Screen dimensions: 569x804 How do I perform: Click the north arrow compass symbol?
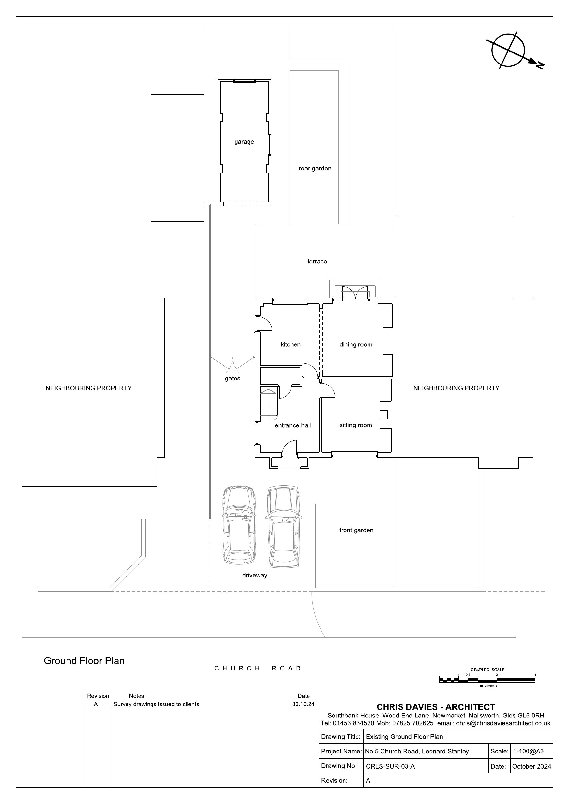point(509,51)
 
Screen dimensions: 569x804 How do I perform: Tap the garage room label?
point(244,142)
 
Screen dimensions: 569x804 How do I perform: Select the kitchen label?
point(291,344)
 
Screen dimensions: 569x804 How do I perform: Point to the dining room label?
point(356,344)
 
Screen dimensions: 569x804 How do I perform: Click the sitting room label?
point(356,425)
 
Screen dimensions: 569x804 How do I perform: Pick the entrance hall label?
point(293,425)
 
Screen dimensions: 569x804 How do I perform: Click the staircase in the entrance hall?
point(269,403)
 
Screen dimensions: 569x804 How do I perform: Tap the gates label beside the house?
point(233,379)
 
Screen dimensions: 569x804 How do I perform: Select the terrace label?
point(317,262)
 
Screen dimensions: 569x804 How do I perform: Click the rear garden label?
point(315,169)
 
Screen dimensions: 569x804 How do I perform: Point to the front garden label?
point(356,530)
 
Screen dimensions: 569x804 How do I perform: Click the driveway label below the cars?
point(255,575)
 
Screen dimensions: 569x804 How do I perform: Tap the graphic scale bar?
point(487,680)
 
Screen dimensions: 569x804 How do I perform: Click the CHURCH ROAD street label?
point(258,668)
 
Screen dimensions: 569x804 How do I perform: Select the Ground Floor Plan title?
point(84,661)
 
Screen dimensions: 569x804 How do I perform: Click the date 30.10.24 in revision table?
point(303,704)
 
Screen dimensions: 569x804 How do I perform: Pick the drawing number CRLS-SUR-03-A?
point(390,766)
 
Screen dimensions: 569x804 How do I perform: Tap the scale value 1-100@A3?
point(528,751)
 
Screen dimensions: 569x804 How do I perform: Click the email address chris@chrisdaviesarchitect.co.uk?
point(503,723)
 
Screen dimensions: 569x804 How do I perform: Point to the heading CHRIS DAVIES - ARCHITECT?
point(436,707)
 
